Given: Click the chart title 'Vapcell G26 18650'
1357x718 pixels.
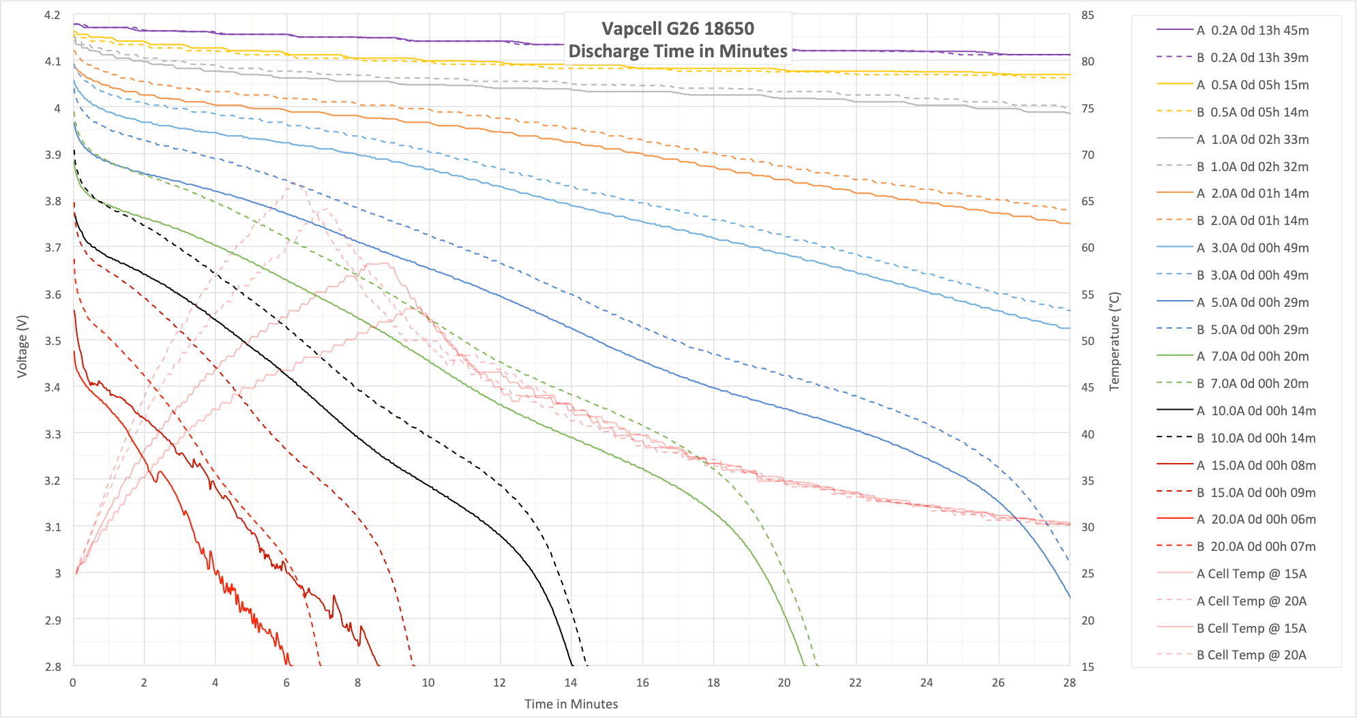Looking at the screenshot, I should [x=678, y=29].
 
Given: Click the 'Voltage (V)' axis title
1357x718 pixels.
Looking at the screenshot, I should [x=23, y=346].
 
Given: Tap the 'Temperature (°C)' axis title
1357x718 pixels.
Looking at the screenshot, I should [x=1115, y=341].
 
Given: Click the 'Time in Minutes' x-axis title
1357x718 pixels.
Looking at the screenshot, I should [x=571, y=704].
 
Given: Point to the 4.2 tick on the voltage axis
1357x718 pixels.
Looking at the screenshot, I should [x=53, y=15].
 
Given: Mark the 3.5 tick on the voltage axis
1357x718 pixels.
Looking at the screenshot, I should [x=53, y=341].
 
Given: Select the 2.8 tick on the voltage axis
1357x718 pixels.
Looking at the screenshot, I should [x=53, y=667].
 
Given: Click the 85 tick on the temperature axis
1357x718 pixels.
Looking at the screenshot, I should [x=1088, y=15].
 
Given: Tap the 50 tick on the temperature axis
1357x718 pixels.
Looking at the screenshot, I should [x=1088, y=341].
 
